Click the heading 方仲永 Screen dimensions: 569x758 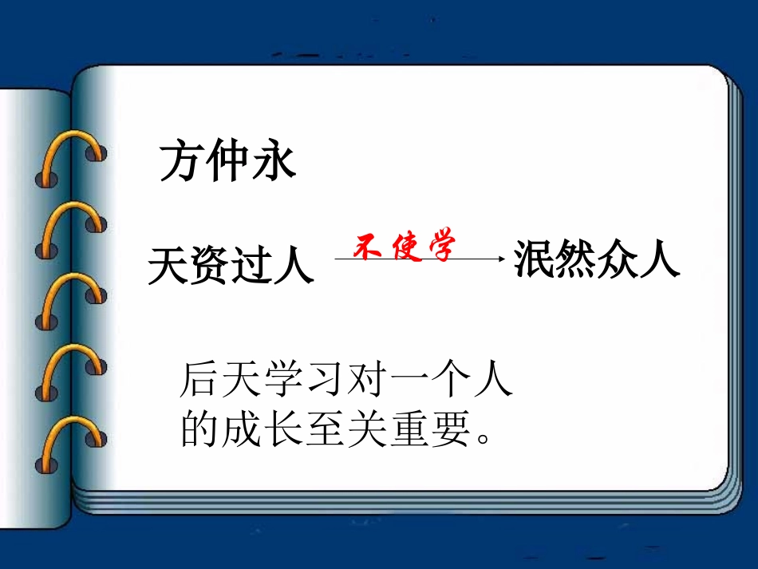(x=228, y=163)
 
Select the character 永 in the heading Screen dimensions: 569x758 (x=274, y=163)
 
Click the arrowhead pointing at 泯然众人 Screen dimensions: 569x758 (x=501, y=259)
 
